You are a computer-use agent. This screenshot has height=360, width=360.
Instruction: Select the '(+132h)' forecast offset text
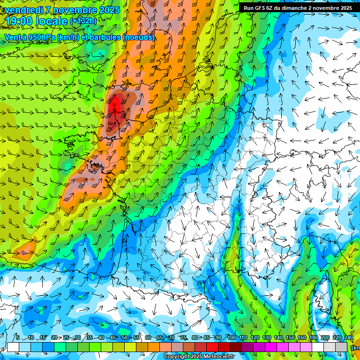tap(83, 21)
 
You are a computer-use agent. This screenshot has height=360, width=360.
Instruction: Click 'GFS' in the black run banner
tap(258, 7)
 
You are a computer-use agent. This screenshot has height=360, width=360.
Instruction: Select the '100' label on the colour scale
tap(231, 337)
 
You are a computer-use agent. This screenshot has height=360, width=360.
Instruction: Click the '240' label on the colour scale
tap(348, 337)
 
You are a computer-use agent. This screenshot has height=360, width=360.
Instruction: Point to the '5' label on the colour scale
tap(17, 337)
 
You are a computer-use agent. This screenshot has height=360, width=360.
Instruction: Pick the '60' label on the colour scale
tap(148, 337)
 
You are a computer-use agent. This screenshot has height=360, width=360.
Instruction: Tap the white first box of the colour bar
tap(13, 347)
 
